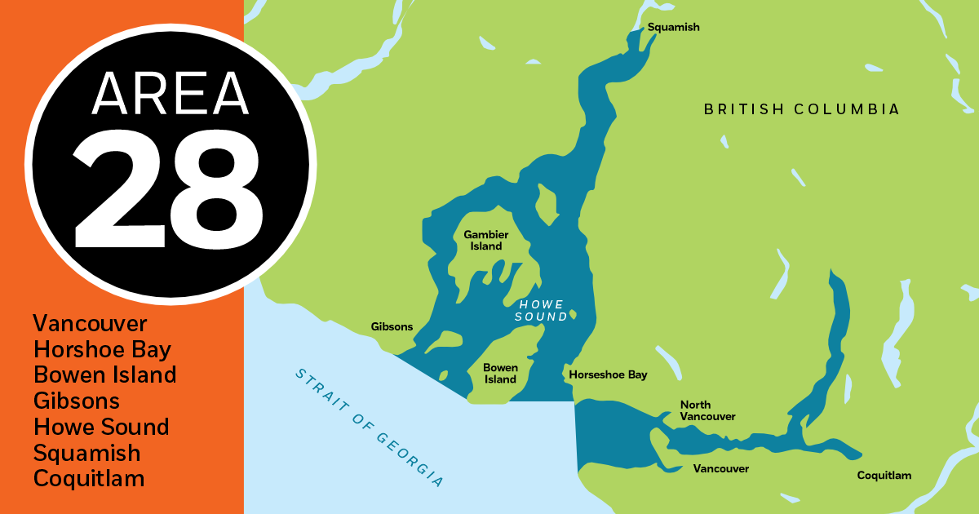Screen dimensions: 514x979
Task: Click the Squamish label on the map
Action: point(673,27)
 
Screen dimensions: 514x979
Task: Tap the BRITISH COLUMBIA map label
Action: point(801,109)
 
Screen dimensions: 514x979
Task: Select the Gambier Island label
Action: point(483,240)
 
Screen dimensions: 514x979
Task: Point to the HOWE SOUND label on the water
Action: point(541,310)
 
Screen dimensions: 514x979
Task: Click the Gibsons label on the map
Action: point(392,326)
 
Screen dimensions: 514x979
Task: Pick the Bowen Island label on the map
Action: point(500,373)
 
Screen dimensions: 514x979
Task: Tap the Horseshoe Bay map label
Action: point(608,374)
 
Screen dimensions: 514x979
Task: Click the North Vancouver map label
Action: point(707,410)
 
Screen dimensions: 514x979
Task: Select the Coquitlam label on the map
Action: point(884,475)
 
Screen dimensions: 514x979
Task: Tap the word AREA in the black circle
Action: point(170,93)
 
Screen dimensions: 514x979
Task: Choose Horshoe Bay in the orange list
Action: point(102,349)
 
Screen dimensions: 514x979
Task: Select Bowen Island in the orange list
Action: point(104,374)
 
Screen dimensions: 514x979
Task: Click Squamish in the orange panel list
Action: point(86,452)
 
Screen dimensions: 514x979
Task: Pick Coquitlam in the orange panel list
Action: point(88,478)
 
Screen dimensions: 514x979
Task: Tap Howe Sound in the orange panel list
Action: point(101,427)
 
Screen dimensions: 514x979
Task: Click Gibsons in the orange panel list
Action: point(77,401)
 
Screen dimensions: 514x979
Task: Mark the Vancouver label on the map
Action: point(720,468)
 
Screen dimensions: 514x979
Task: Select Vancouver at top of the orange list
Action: point(90,323)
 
